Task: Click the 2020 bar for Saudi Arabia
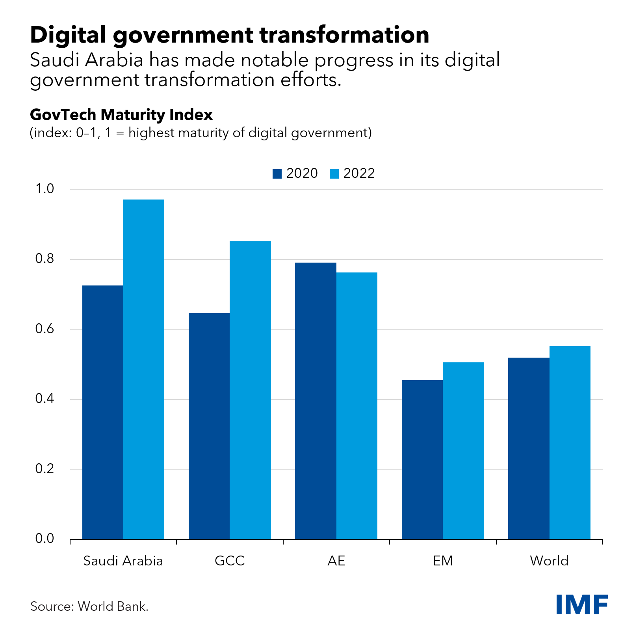(x=103, y=412)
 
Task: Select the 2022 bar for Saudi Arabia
(x=144, y=369)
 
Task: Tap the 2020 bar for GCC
(x=209, y=426)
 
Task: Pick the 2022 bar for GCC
(x=250, y=390)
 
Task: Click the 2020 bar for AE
(x=316, y=401)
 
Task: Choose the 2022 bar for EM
(x=463, y=451)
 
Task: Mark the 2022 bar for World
(x=570, y=442)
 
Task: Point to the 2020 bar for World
(x=529, y=448)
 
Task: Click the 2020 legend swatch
(x=277, y=174)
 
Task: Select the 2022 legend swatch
(x=334, y=174)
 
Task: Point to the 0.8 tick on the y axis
(x=45, y=259)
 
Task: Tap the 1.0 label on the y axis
(x=45, y=189)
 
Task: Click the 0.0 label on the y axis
(x=45, y=539)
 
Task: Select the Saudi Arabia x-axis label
(x=123, y=561)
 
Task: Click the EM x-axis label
(x=443, y=561)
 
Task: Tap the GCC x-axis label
(x=230, y=561)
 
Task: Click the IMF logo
(x=581, y=604)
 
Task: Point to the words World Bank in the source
(x=113, y=606)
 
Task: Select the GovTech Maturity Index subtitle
(x=121, y=115)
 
